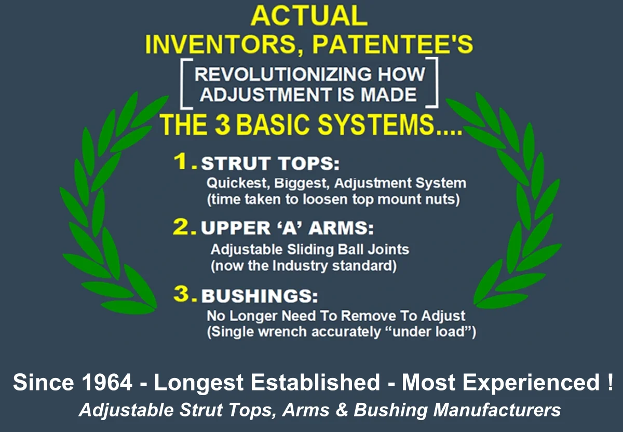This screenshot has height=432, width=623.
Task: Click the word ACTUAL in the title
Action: point(309,16)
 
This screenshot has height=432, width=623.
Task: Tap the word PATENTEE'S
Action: point(392,44)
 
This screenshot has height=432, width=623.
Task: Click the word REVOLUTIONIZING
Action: point(283,74)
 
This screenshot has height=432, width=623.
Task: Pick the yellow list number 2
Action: point(184,226)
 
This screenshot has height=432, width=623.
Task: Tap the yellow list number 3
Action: point(184,293)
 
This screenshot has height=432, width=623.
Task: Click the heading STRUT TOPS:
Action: point(270,163)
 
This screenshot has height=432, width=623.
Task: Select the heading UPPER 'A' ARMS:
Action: point(287,228)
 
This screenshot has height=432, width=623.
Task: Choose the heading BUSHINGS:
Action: point(259,295)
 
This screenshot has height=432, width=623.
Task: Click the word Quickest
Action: point(238,183)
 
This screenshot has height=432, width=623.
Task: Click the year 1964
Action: point(107,382)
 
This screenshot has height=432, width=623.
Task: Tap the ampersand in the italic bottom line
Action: point(342,410)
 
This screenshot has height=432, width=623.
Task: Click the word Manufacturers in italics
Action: point(497,410)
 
